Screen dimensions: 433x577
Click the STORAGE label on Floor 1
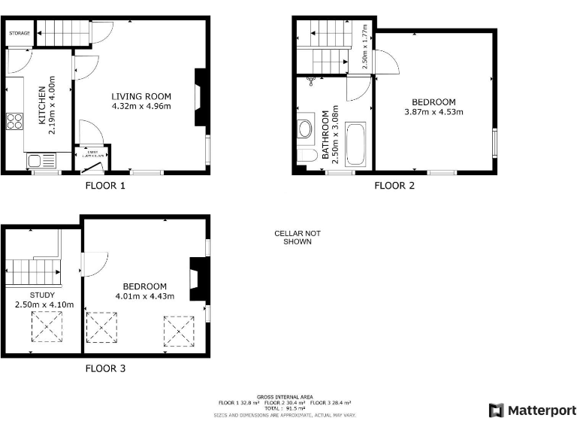[20, 33]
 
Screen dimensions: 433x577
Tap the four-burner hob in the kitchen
[15, 120]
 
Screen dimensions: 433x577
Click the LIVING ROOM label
[141, 96]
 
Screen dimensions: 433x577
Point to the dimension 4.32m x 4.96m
[141, 106]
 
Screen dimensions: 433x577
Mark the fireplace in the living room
[200, 98]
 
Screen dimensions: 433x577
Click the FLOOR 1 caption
[105, 185]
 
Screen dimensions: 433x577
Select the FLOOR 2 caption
[394, 185]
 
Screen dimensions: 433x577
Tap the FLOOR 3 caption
[105, 368]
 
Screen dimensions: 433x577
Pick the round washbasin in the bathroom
[306, 129]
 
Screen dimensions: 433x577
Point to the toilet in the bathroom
[307, 156]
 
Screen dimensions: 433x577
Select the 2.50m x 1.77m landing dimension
[365, 47]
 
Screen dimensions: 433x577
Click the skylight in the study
[47, 326]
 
